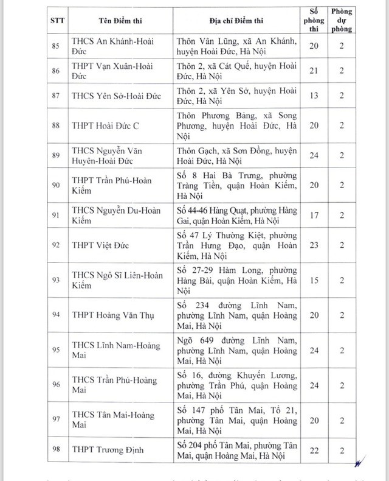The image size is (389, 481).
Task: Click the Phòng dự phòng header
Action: (x=342, y=23)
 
